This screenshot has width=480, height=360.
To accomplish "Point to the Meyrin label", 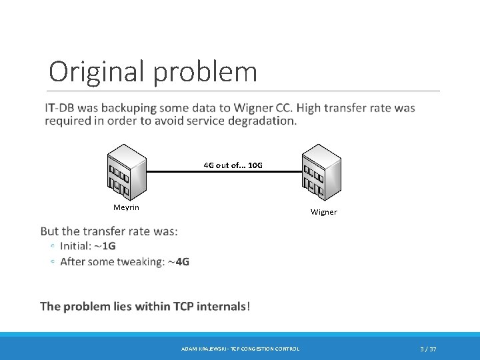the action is coord(126,207).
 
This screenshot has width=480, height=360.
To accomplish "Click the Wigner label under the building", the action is coord(324,212).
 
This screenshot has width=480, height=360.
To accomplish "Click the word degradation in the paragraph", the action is coord(257,121).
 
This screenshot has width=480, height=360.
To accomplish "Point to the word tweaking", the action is coord(137,262).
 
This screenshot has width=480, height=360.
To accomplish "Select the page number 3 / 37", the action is coord(428,349).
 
